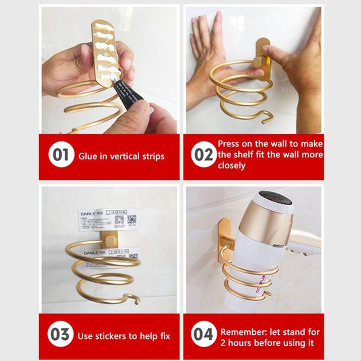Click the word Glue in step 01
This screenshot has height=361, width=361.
click(x=87, y=156)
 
